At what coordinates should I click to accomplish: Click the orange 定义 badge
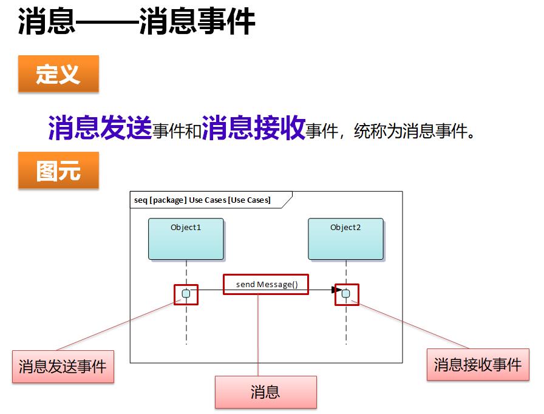click(x=59, y=74)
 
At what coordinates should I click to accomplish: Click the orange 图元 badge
click(x=59, y=170)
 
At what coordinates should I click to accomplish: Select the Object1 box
click(x=186, y=239)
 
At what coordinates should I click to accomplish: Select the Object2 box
click(x=346, y=239)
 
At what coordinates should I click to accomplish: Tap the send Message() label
click(x=267, y=285)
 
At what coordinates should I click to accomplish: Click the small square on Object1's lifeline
click(x=186, y=294)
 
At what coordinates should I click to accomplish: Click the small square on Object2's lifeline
click(x=346, y=294)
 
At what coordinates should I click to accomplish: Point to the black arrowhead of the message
click(x=337, y=290)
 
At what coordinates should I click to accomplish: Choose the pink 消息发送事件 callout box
click(x=63, y=367)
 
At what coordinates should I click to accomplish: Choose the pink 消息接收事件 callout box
click(x=478, y=364)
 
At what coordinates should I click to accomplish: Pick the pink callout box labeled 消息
click(x=266, y=392)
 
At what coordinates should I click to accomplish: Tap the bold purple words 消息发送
click(x=100, y=127)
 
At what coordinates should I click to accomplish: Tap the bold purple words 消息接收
click(x=254, y=127)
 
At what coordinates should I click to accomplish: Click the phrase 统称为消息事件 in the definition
click(x=414, y=131)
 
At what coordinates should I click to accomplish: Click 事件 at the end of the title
click(x=226, y=21)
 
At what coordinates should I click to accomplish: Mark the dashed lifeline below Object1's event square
click(x=186, y=321)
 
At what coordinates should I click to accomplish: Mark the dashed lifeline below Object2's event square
click(x=346, y=321)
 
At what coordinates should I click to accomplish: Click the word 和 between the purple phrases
click(x=193, y=131)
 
